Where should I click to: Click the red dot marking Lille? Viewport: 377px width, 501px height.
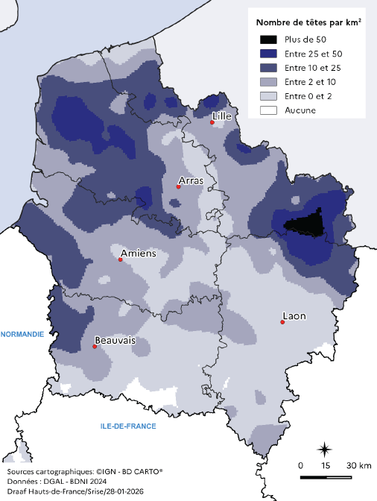(x=212, y=123)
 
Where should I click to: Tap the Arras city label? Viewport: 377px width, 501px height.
(x=191, y=180)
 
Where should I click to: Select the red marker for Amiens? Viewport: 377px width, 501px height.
(x=121, y=260)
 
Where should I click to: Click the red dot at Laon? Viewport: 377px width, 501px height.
(x=283, y=322)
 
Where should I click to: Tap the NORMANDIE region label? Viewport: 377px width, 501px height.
(x=22, y=335)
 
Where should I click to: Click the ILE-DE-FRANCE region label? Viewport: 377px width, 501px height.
(x=128, y=426)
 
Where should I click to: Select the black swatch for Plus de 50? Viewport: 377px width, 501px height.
(x=269, y=39)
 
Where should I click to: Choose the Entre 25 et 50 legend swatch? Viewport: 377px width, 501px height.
(x=269, y=53)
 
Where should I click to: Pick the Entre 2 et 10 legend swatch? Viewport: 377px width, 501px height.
(x=269, y=82)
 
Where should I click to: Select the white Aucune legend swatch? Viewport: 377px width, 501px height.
(x=269, y=110)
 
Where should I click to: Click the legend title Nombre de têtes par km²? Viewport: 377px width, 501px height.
(x=308, y=22)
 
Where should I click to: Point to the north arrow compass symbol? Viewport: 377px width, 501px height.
(x=325, y=449)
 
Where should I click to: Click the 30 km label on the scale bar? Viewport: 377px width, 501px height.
(x=359, y=465)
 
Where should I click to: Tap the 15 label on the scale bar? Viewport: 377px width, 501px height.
(x=325, y=465)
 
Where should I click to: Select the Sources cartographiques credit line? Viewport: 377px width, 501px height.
(x=83, y=472)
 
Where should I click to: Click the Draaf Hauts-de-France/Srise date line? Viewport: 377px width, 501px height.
(x=75, y=491)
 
